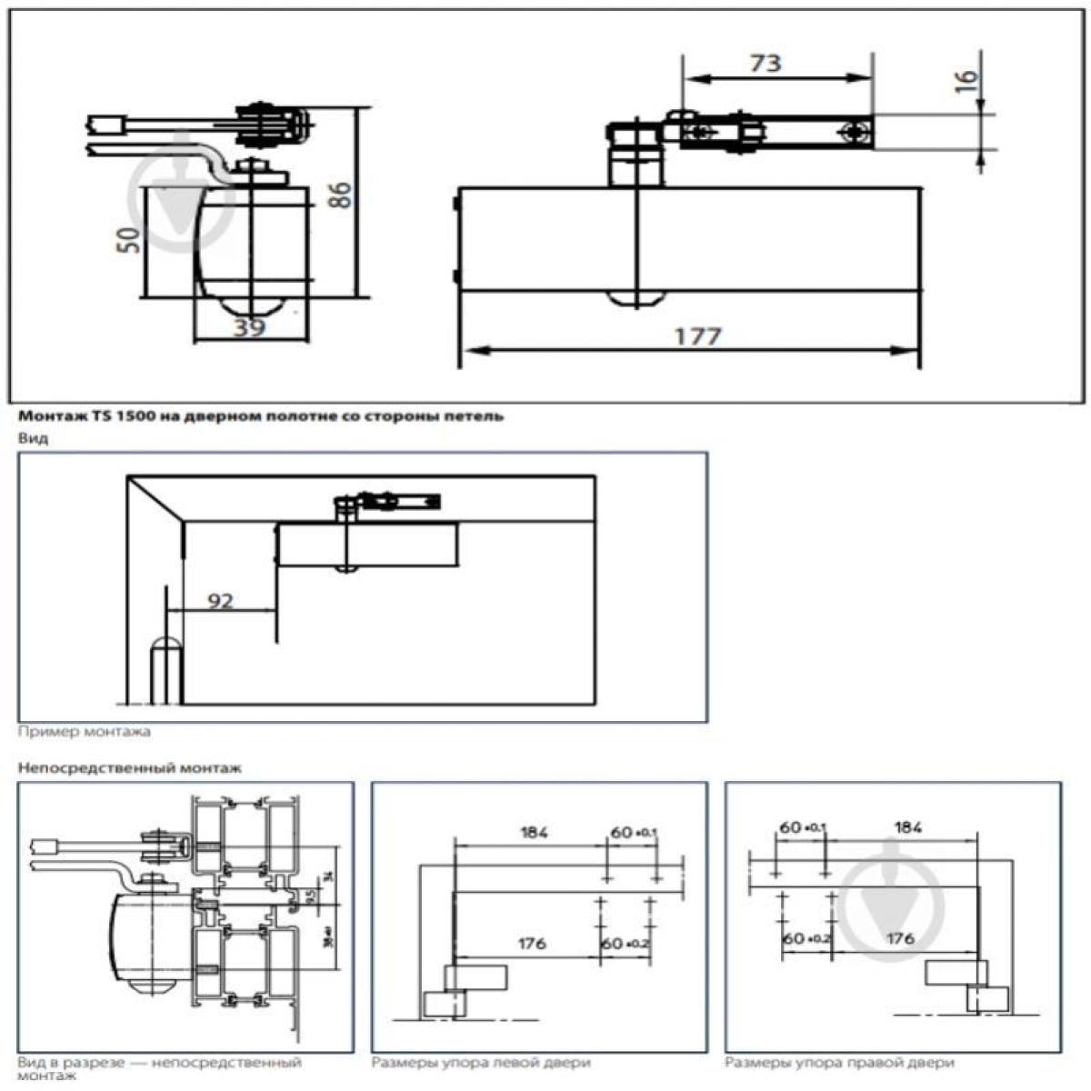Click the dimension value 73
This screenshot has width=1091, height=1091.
[765, 63]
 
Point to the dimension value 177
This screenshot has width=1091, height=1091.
[697, 335]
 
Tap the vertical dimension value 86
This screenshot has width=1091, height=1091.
[339, 195]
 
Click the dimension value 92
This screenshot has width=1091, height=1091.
[220, 601]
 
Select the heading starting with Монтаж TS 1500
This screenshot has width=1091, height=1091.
[259, 416]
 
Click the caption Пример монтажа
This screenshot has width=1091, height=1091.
[85, 731]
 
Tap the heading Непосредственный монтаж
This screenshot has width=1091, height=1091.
[130, 768]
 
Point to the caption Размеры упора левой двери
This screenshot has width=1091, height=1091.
[481, 1062]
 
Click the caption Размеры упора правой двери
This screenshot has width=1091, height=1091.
[839, 1062]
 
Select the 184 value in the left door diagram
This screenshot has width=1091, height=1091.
[535, 832]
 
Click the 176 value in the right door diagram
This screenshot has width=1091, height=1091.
[899, 938]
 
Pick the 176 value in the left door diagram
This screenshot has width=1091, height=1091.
[532, 943]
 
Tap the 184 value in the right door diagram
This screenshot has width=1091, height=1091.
[907, 827]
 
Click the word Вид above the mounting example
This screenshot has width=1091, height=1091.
[34, 438]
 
